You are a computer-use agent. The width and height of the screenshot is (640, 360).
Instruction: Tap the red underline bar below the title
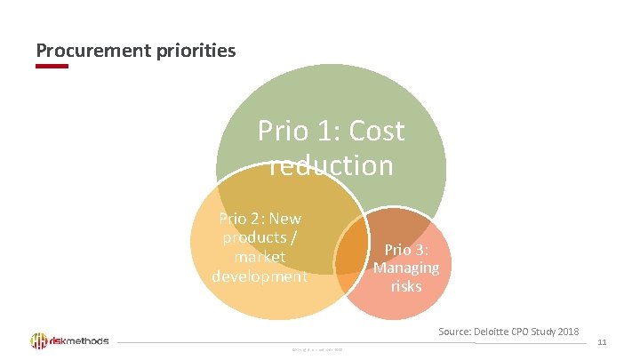click(x=52, y=66)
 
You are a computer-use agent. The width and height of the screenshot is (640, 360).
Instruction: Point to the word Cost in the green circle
click(x=377, y=132)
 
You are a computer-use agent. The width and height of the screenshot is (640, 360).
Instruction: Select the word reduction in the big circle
click(x=331, y=165)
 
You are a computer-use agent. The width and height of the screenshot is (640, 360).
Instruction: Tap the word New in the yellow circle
click(x=285, y=219)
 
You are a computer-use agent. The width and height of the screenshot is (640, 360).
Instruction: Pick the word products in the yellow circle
click(x=254, y=237)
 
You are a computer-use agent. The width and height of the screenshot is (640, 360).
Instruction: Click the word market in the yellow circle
click(x=260, y=257)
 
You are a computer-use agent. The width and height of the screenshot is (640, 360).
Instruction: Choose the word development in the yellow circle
click(x=260, y=276)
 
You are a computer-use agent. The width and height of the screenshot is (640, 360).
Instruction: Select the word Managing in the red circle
click(x=406, y=268)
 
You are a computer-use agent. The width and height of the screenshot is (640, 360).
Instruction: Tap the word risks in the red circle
click(x=406, y=286)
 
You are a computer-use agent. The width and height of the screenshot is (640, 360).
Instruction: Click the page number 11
click(x=602, y=341)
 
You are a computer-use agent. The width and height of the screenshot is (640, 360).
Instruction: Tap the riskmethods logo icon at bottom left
click(x=39, y=341)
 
